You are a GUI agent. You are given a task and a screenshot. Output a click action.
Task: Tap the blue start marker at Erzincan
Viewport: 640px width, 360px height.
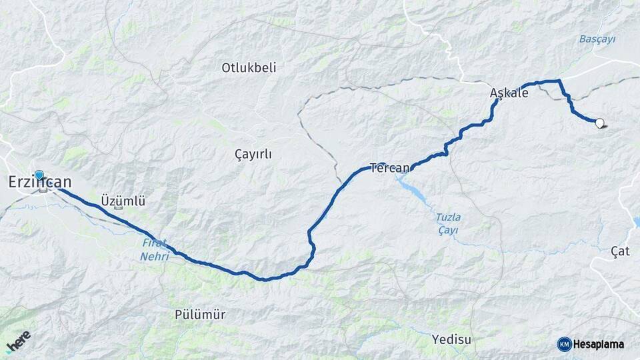(x=39, y=175)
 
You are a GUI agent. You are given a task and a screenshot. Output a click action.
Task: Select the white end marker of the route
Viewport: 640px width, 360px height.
(x=599, y=123)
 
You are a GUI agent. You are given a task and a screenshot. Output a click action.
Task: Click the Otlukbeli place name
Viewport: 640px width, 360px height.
(x=249, y=67)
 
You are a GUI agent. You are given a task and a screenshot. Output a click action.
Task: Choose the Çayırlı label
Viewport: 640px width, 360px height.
(x=253, y=154)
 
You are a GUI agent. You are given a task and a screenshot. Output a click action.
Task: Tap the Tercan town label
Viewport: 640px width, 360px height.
(x=389, y=168)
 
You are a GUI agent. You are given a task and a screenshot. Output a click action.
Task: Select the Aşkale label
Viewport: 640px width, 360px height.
(x=509, y=93)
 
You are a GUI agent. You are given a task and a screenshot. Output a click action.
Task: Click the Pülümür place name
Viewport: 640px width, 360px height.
(x=200, y=315)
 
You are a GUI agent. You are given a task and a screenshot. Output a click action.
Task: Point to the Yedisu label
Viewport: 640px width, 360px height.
(x=451, y=339)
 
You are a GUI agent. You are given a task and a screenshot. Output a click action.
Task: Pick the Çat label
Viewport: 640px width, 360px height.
(x=620, y=251)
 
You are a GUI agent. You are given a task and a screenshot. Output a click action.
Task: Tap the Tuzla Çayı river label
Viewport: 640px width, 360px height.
(x=448, y=223)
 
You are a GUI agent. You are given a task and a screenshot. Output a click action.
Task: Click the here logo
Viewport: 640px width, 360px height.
(x=18, y=341)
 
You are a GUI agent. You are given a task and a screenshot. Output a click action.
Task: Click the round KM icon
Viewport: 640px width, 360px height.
(x=564, y=344)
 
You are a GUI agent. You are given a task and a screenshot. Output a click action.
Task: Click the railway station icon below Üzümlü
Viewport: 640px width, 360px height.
(x=119, y=209)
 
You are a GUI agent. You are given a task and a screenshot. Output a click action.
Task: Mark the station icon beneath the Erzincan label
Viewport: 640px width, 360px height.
(x=43, y=190)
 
